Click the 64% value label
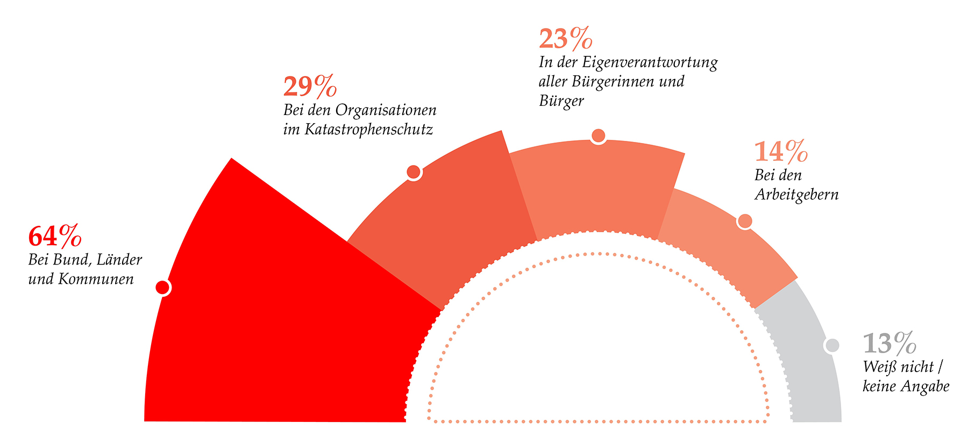(55, 236)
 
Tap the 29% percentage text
(310, 87)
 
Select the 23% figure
(566, 39)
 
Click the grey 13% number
(889, 343)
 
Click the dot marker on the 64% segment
(162, 288)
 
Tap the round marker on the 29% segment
(414, 172)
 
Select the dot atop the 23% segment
(598, 136)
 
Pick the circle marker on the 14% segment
(745, 221)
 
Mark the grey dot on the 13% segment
(832, 346)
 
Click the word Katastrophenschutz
(369, 130)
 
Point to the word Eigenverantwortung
(650, 63)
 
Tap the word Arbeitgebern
(796, 195)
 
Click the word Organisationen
(386, 111)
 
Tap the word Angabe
(925, 387)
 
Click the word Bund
(67, 260)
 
